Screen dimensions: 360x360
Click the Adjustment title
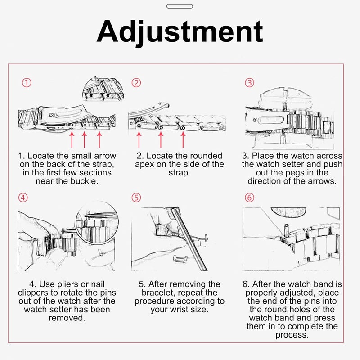point(180,32)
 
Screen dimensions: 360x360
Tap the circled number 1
point(27,83)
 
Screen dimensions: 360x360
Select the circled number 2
point(136,83)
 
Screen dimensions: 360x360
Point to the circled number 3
point(250,83)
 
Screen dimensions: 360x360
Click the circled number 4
point(23,198)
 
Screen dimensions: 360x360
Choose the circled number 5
point(136,198)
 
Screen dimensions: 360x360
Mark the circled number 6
point(250,198)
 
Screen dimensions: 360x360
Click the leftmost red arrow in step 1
point(72,139)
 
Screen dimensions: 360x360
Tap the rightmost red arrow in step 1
point(99,139)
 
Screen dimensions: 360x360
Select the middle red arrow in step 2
point(161,139)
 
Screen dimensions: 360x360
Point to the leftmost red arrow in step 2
point(139,139)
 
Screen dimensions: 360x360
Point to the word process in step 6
point(291,335)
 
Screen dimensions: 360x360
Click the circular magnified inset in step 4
point(97,223)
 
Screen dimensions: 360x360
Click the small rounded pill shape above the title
point(180,6)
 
